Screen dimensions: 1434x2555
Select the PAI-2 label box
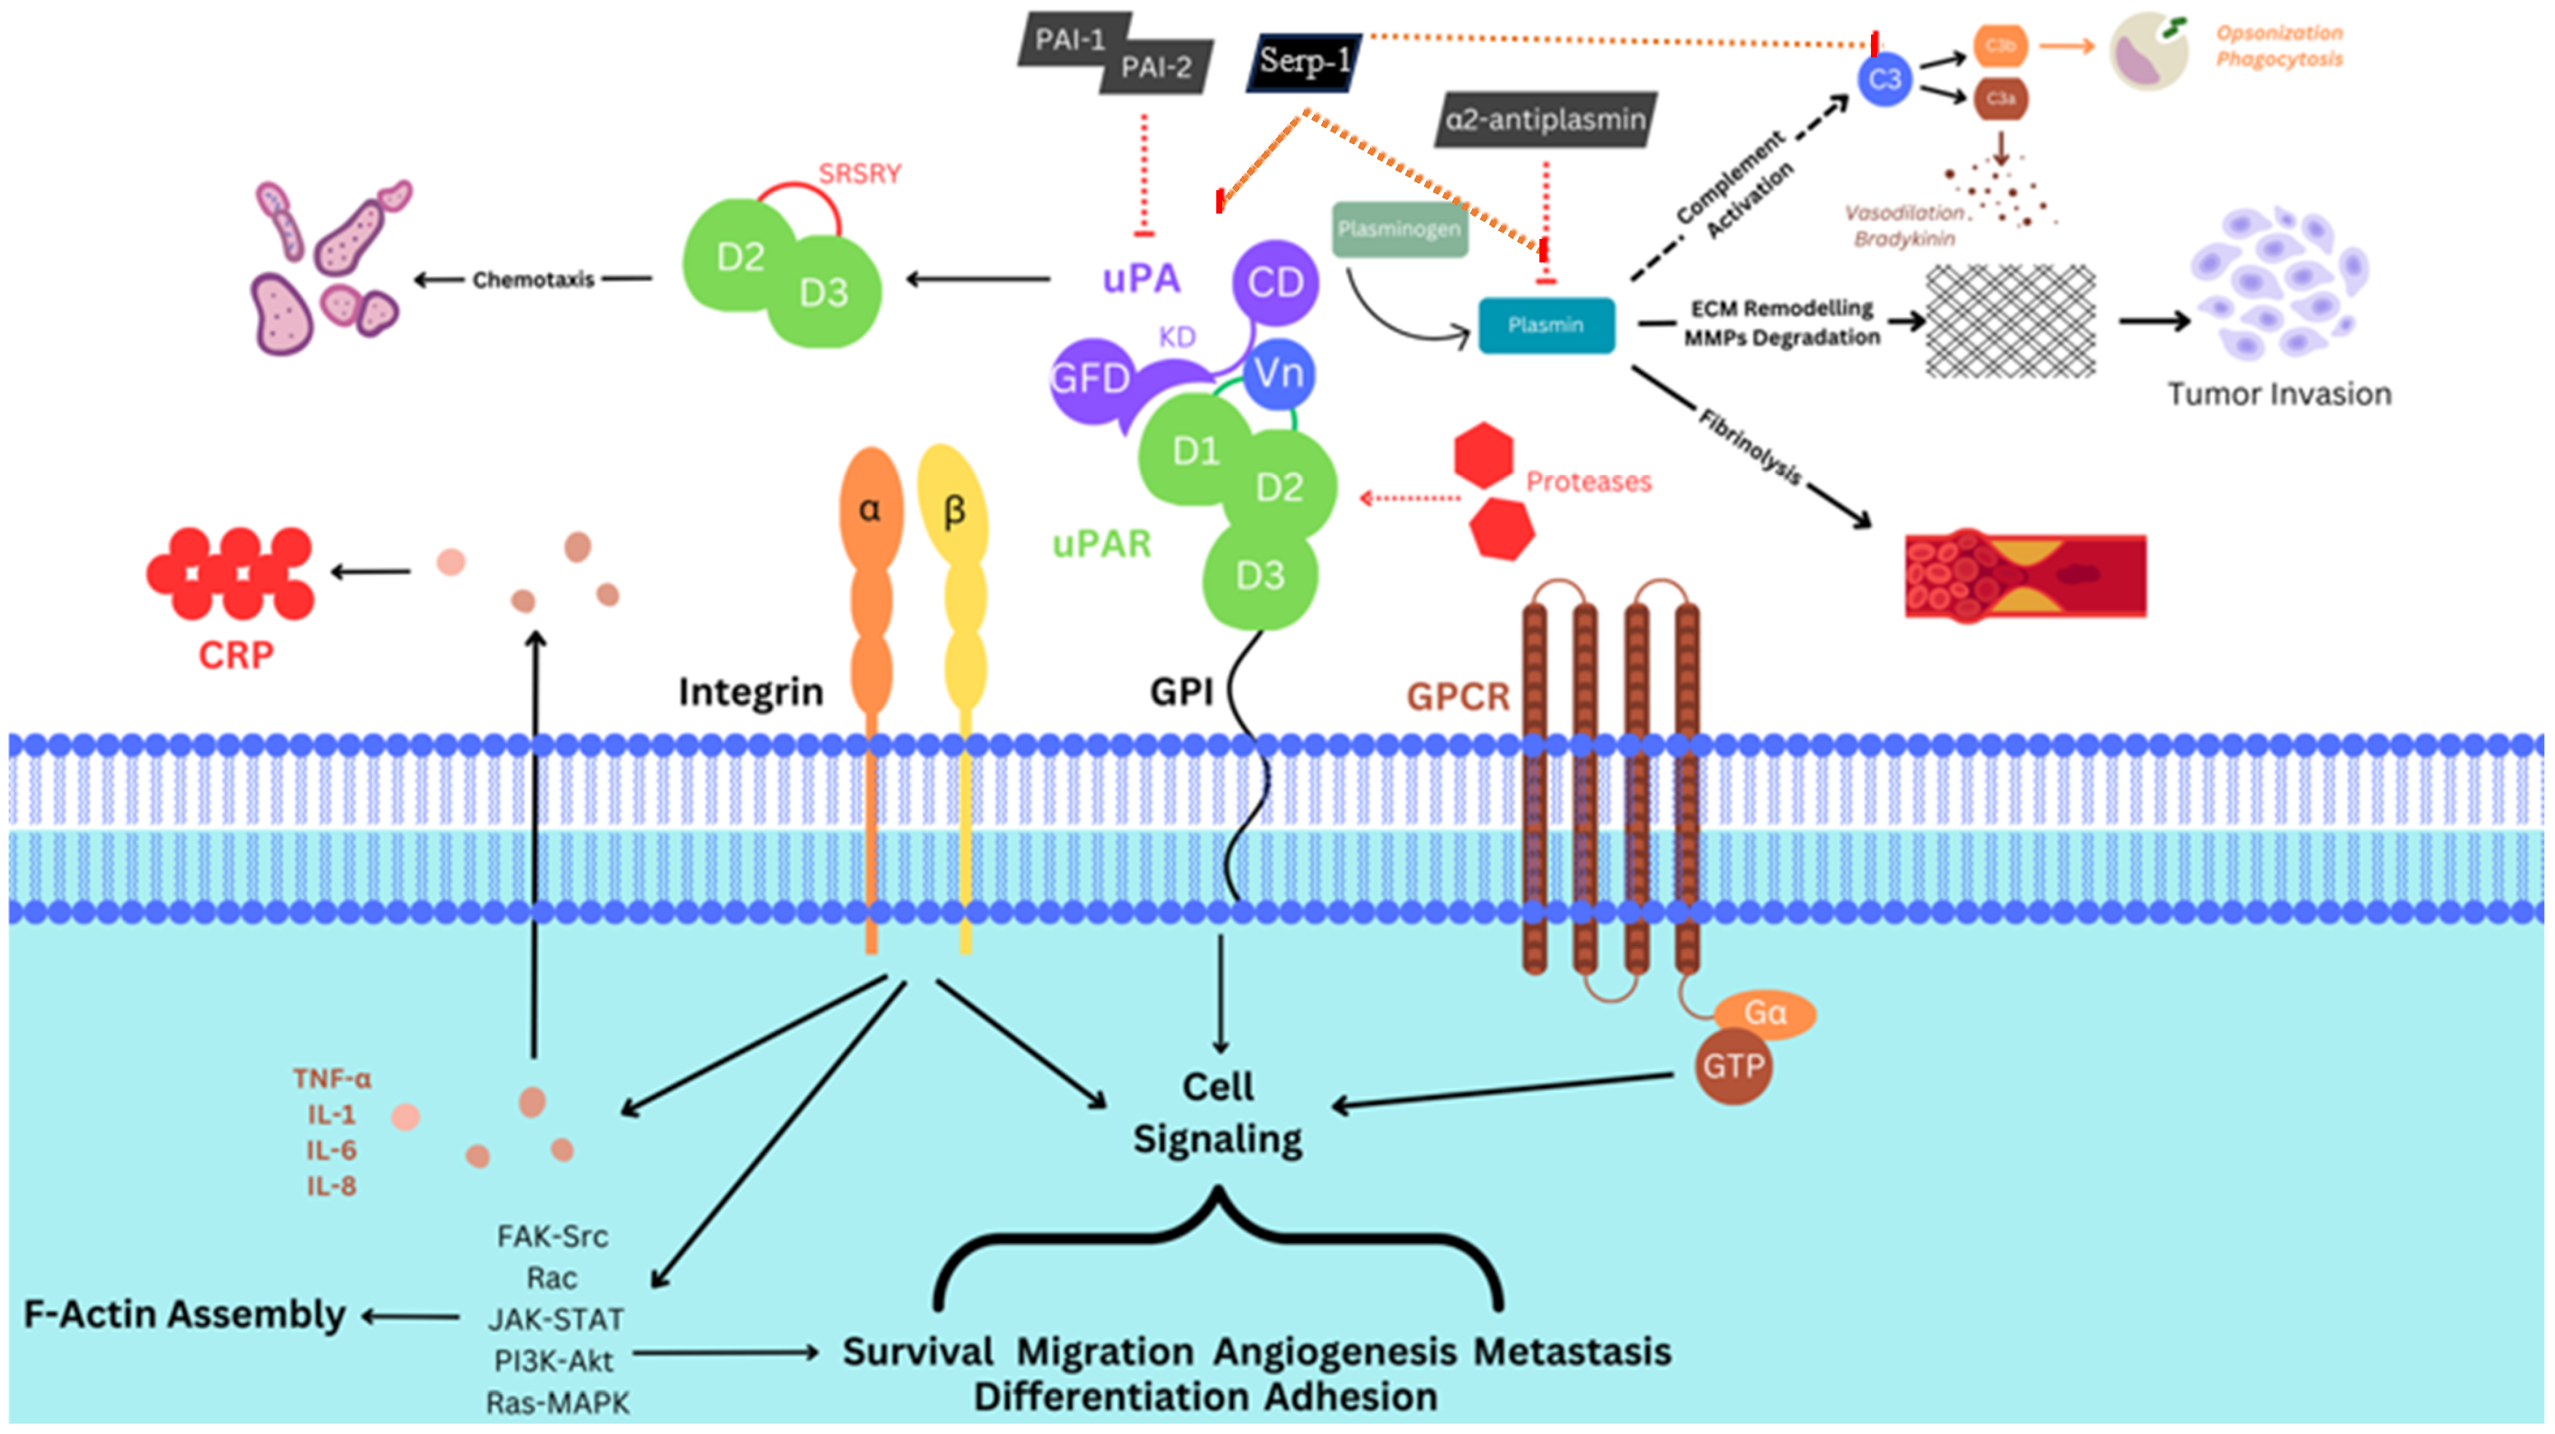click(1156, 68)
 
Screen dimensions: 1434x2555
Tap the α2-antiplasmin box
click(1545, 120)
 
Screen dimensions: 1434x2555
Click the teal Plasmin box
click(1545, 325)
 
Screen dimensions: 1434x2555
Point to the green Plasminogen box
click(1399, 229)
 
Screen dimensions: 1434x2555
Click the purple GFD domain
click(1091, 379)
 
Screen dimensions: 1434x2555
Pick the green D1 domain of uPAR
click(1195, 452)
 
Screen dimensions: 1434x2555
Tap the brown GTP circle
click(1733, 1067)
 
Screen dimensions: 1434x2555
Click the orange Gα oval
click(1765, 1013)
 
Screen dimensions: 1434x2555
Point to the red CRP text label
click(236, 656)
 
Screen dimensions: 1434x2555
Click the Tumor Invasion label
click(2278, 395)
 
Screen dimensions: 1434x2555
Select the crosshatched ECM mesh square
click(2010, 321)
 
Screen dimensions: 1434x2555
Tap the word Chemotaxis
click(533, 281)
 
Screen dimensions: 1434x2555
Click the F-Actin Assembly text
click(184, 1315)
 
